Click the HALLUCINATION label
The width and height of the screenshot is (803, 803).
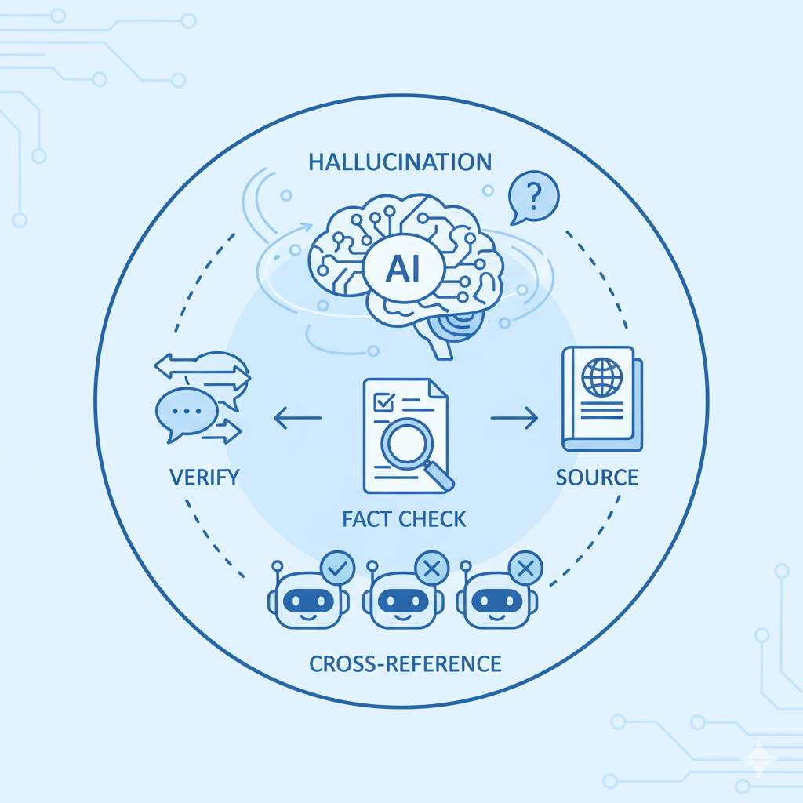tap(400, 162)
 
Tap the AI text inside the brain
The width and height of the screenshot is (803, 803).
tap(403, 271)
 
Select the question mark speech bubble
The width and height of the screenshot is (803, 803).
tap(532, 196)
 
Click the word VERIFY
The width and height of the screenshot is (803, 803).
tap(204, 476)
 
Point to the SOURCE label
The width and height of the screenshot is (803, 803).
tap(597, 476)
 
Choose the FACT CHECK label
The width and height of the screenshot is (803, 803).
tap(404, 518)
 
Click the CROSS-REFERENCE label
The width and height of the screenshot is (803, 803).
tap(405, 664)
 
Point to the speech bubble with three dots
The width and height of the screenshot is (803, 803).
tap(186, 411)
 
